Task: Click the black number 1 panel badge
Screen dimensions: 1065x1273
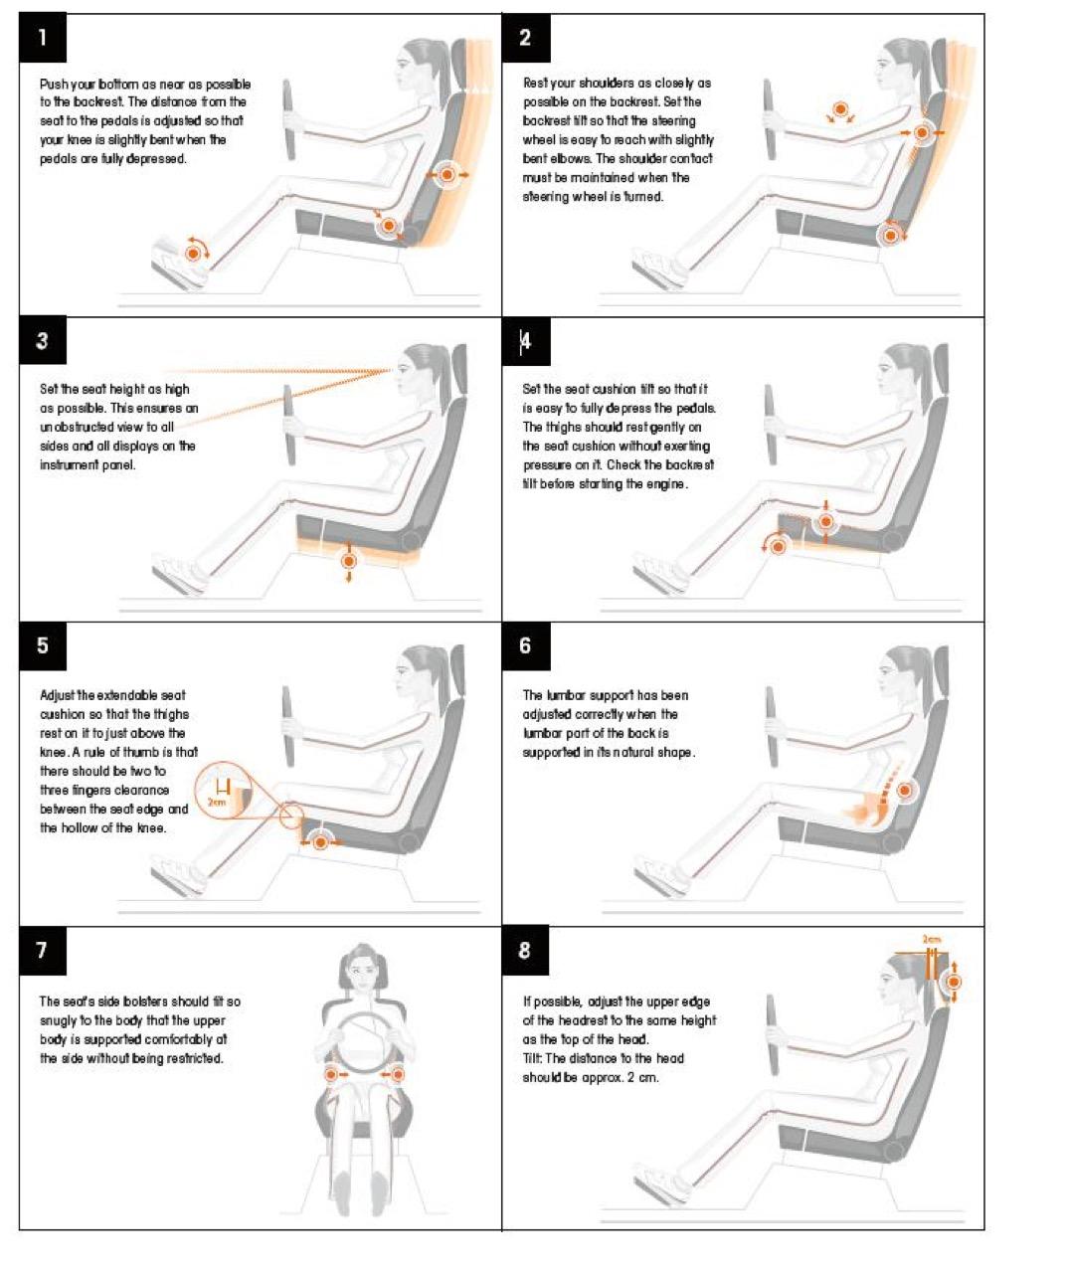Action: click(43, 38)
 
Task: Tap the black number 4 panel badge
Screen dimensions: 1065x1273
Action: click(525, 341)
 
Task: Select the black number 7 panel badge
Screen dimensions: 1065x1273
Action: click(43, 951)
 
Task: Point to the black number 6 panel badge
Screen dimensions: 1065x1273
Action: click(525, 645)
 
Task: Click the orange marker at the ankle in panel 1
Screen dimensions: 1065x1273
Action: click(194, 253)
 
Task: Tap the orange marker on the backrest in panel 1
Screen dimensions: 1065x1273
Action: click(446, 175)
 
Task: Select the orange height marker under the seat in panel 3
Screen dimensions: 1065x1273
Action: click(349, 560)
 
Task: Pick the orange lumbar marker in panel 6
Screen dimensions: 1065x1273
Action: click(905, 790)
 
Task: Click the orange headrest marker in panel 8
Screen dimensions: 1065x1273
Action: click(954, 983)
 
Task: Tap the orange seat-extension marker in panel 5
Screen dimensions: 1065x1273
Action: click(320, 842)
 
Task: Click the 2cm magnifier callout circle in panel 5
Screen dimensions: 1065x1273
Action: click(223, 791)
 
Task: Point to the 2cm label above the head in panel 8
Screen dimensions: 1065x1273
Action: click(932, 940)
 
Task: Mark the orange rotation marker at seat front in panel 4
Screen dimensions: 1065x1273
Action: click(778, 546)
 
